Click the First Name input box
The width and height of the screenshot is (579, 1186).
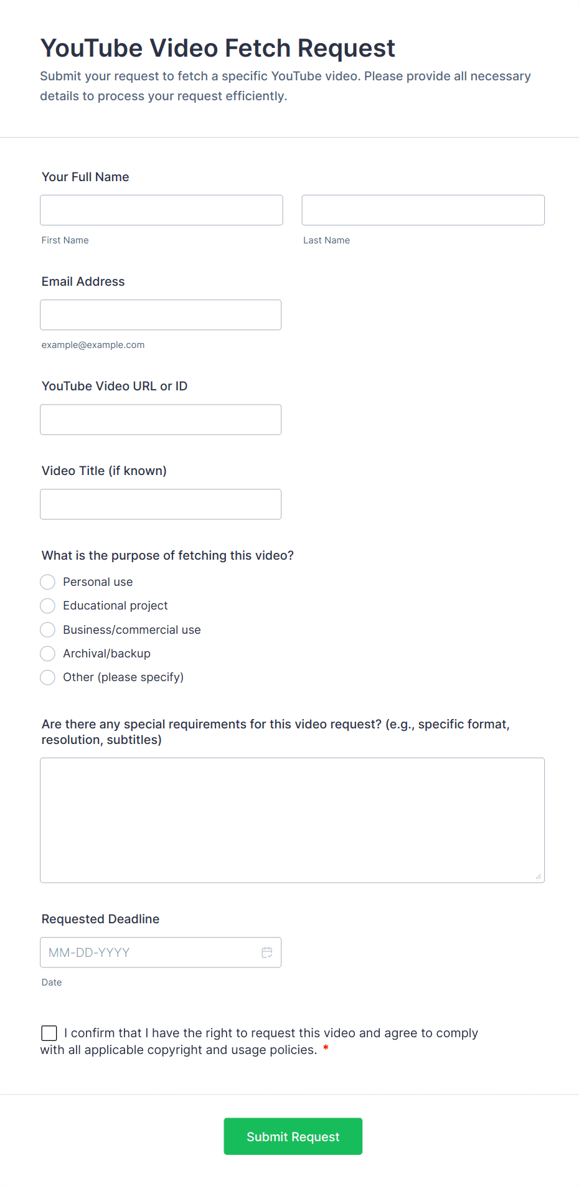tap(161, 210)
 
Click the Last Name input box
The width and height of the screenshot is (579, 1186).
tap(423, 210)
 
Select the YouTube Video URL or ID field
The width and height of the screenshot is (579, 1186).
tap(161, 420)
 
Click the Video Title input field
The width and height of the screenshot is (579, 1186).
tap(161, 504)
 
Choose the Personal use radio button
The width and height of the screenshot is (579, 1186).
tap(48, 582)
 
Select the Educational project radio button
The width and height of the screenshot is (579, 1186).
tap(48, 606)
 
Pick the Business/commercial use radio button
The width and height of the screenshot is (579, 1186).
tap(48, 630)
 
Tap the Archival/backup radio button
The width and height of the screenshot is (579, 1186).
tap(48, 654)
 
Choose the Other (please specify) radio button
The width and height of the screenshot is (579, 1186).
tap(48, 677)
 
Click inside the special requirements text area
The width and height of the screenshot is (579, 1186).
tap(292, 820)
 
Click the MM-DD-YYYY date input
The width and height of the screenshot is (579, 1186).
tap(149, 953)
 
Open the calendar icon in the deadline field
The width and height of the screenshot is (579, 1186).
tap(267, 953)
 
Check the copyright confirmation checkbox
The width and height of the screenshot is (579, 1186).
tap(49, 1033)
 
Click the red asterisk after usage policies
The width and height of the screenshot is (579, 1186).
tap(326, 1050)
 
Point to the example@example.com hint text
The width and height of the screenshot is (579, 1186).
tap(93, 345)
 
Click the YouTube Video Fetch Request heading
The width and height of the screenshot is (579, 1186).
tap(218, 48)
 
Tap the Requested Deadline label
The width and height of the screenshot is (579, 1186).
tap(100, 919)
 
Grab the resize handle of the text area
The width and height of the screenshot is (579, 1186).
tap(539, 877)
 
